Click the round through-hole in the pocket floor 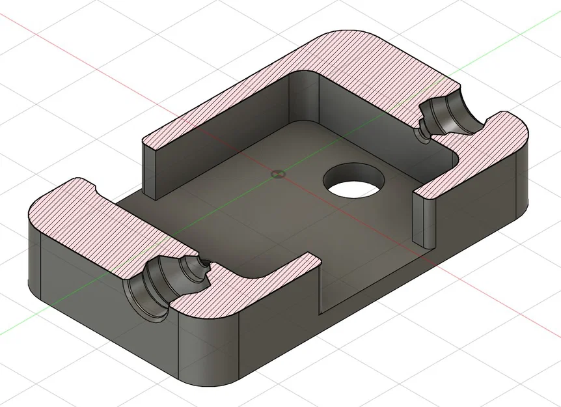[355, 180]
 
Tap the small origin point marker [278, 174]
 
